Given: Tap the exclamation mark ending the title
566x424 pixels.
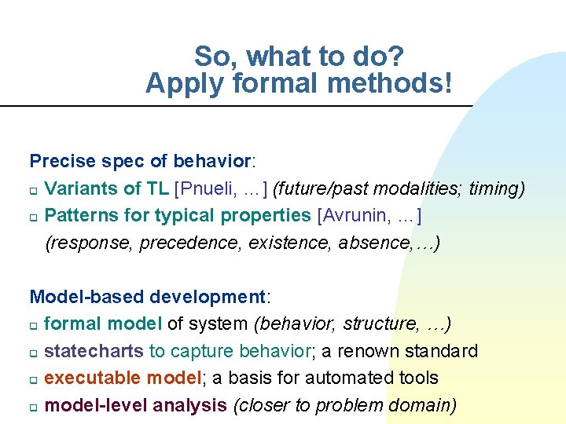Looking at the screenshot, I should coord(448,82).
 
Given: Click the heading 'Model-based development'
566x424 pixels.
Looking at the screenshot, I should coord(148,297).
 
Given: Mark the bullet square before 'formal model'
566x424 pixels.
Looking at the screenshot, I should coord(34,325).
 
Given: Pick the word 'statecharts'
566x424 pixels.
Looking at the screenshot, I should coord(94,350).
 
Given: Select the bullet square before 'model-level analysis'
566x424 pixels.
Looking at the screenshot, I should coord(34,407).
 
